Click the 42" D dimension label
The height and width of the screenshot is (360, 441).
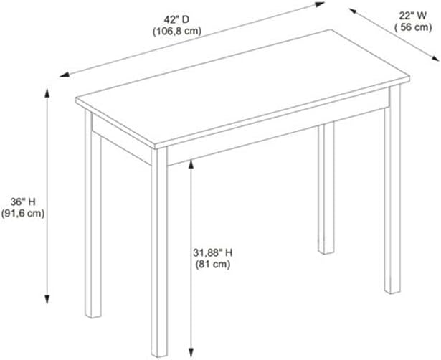pos(176,19)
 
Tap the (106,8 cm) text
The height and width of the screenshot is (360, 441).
pos(177,32)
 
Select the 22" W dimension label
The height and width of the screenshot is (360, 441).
pos(412,16)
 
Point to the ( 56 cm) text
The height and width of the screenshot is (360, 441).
pos(413,27)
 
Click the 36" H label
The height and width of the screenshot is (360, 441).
pos(23,202)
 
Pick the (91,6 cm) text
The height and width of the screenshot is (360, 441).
pos(23,214)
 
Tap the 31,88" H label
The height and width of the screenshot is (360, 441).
pos(213,253)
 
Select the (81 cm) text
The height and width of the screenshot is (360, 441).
pos(213,265)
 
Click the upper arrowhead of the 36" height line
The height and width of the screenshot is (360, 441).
pos(47,93)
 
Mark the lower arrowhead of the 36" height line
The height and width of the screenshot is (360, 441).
pos(47,299)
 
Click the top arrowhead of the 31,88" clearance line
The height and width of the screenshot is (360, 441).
pos(191,164)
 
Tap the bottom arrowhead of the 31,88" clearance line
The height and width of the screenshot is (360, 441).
pos(191,353)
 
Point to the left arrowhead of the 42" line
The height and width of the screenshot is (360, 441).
pos(64,75)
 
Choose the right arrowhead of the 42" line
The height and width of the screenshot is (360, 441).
pos(320,4)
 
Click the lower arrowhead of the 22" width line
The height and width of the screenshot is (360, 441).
pos(435,58)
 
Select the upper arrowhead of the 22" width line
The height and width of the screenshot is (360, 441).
pos(354,11)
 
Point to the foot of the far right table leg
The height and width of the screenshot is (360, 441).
pos(392,292)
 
